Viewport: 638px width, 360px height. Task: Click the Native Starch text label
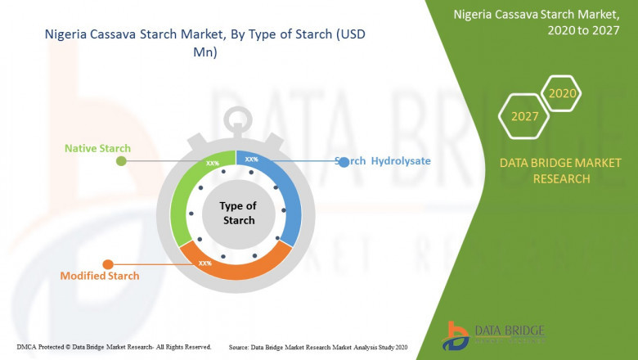coord(97,148)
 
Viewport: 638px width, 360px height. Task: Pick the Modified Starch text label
coord(100,276)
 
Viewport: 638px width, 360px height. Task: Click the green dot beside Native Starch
coord(121,161)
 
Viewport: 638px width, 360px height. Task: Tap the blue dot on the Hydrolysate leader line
coord(344,162)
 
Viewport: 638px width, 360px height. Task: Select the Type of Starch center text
coord(238,213)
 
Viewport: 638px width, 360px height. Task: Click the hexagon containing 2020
coord(562,94)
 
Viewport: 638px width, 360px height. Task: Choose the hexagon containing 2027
coord(525,116)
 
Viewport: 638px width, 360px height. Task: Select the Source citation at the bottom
coord(318,347)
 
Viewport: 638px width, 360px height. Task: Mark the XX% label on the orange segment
coord(205,263)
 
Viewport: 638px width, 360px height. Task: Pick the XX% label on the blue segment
coord(251,160)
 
